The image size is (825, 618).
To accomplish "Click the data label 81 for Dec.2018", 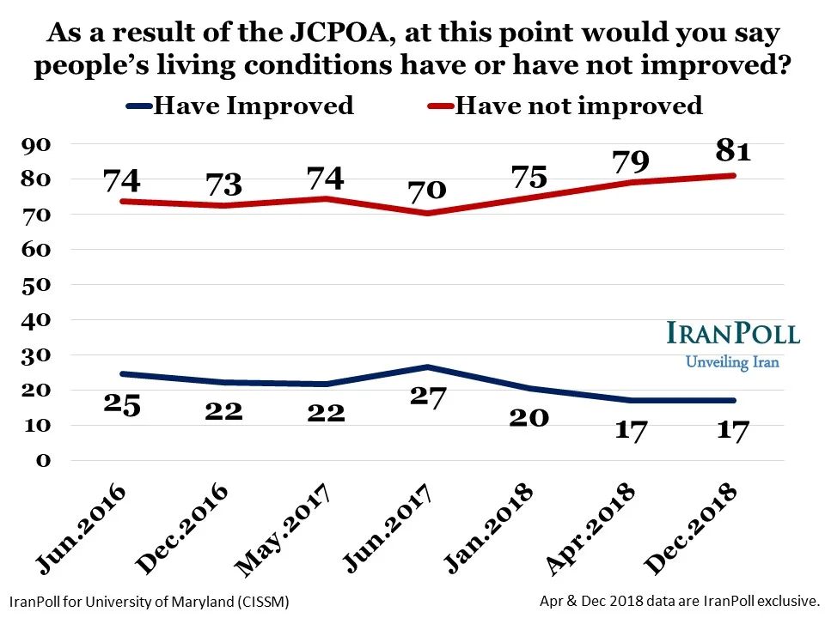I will [x=733, y=153].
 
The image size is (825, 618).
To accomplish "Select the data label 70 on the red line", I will [x=427, y=189].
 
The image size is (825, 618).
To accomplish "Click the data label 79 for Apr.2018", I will [x=631, y=161].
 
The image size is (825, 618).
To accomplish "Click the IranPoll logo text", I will [x=732, y=334].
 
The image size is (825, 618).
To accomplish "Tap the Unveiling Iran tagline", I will [x=732, y=361].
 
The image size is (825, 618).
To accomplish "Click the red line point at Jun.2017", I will [x=427, y=213].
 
